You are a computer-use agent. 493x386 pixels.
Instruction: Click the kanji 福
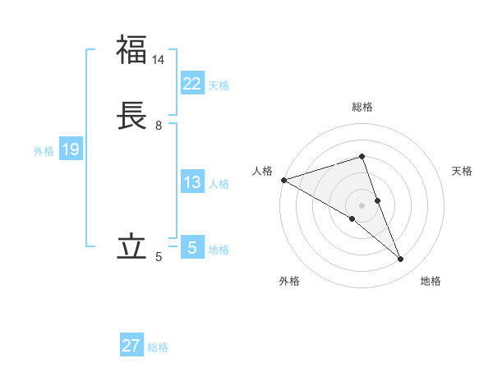click(x=131, y=50)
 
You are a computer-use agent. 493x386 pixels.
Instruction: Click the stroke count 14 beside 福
click(x=159, y=60)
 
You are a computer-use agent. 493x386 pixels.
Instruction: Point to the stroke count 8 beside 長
click(x=159, y=126)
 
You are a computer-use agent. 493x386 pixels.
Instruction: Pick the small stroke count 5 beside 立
click(x=159, y=257)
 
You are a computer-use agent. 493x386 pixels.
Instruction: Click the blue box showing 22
click(x=191, y=83)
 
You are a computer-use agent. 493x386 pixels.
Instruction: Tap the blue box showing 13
click(x=191, y=182)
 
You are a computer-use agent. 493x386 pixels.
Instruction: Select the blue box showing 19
click(x=70, y=149)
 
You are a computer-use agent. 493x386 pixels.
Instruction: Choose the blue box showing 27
click(x=131, y=346)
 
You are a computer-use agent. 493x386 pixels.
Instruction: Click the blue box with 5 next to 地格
click(x=191, y=247)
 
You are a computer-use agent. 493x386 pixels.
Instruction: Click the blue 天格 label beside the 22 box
click(x=219, y=85)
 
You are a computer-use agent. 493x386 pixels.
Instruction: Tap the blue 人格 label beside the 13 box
click(x=219, y=184)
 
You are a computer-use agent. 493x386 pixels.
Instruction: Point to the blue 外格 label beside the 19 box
click(x=44, y=151)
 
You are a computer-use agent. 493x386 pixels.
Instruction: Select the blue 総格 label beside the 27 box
click(x=158, y=347)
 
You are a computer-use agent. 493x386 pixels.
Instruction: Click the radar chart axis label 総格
click(x=362, y=107)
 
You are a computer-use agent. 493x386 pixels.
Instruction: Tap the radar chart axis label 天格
click(x=462, y=171)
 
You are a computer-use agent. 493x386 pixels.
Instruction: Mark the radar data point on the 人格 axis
click(x=283, y=179)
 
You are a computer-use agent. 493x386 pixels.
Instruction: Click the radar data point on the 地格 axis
click(x=401, y=260)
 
